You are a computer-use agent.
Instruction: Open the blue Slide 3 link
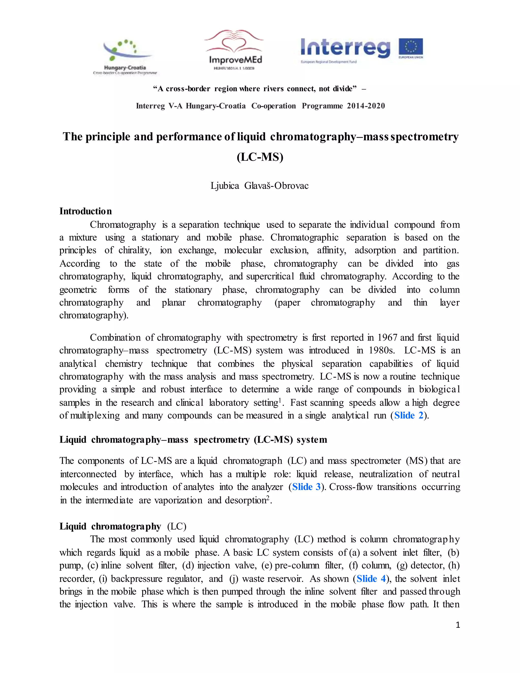(x=306, y=487)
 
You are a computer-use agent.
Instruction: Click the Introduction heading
(x=86, y=211)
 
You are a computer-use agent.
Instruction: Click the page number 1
(x=458, y=625)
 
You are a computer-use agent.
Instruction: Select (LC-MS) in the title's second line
(x=260, y=157)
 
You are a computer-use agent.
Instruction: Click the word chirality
(x=135, y=250)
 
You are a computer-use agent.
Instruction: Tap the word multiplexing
(x=95, y=416)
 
